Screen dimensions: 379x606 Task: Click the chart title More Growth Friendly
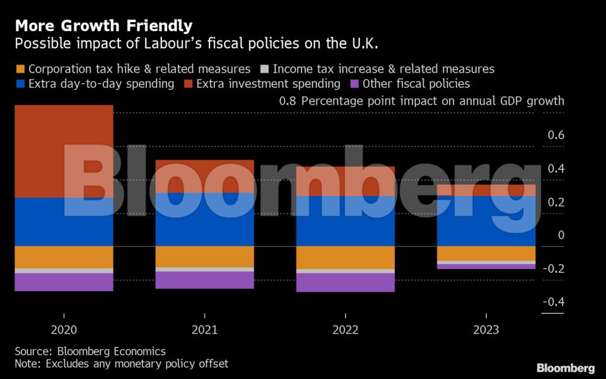click(104, 26)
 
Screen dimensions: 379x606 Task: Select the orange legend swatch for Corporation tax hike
click(20, 69)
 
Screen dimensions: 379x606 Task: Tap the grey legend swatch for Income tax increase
click(264, 69)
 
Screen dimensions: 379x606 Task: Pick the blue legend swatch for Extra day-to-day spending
click(20, 84)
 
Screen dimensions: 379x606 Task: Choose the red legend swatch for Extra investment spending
click(188, 84)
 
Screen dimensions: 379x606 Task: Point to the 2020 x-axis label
click(64, 330)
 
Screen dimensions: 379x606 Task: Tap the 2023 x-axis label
click(486, 330)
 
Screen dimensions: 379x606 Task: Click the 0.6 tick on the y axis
click(556, 135)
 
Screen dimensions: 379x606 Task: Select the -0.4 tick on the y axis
click(553, 302)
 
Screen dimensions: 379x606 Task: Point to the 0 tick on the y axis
click(561, 235)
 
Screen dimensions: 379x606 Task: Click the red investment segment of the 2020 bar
click(64, 151)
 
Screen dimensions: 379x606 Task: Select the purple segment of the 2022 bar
click(345, 282)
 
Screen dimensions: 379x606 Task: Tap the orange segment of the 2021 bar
click(204, 256)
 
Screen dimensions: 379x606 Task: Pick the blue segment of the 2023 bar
click(486, 221)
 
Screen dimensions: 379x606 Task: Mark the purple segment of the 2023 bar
click(486, 267)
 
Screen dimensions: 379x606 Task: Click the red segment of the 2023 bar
click(486, 190)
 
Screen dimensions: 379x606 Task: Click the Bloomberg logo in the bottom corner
click(566, 368)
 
